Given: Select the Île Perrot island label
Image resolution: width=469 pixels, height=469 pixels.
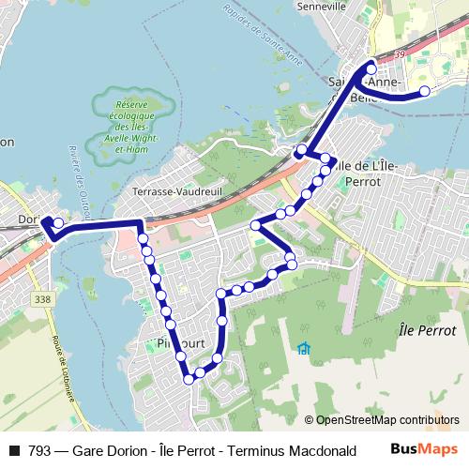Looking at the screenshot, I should click(x=427, y=330).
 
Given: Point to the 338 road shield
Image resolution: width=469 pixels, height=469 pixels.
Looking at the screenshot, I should click(x=40, y=299).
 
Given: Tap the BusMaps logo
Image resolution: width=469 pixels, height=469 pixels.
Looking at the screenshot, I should click(x=423, y=449).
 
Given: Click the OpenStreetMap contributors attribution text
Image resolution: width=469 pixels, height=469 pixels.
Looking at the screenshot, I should click(x=386, y=419).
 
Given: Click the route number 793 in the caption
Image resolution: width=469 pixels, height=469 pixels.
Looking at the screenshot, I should click(x=39, y=450).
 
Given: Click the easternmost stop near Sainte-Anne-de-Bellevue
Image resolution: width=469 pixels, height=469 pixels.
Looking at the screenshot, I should click(x=424, y=91).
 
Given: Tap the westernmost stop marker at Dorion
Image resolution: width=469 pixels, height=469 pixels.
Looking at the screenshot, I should click(x=58, y=223).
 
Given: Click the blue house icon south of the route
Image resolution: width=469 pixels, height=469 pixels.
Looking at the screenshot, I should click(x=303, y=349).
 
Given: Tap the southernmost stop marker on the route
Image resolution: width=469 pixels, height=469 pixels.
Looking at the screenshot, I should click(x=189, y=379).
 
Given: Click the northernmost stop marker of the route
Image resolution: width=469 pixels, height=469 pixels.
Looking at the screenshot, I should click(x=371, y=68).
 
